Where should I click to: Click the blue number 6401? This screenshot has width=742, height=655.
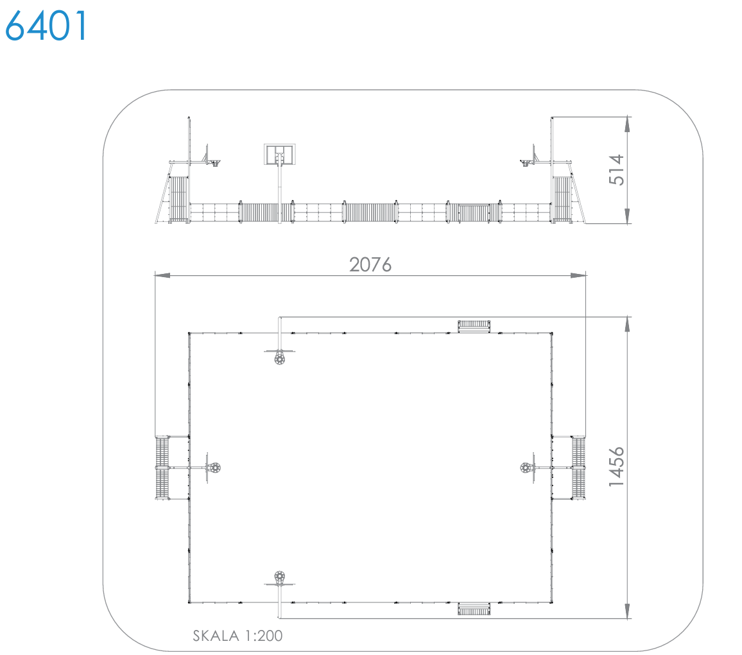(46, 26)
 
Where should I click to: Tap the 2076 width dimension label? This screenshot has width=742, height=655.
(370, 265)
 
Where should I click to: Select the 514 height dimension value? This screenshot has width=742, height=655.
(617, 170)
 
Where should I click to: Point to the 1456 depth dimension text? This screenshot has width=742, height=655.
(617, 467)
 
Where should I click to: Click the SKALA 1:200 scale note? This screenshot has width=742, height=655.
(237, 636)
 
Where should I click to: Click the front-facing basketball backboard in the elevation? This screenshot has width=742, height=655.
(280, 155)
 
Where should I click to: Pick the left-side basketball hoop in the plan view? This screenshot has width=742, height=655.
(214, 468)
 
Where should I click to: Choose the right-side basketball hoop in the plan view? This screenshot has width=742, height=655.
(526, 468)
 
